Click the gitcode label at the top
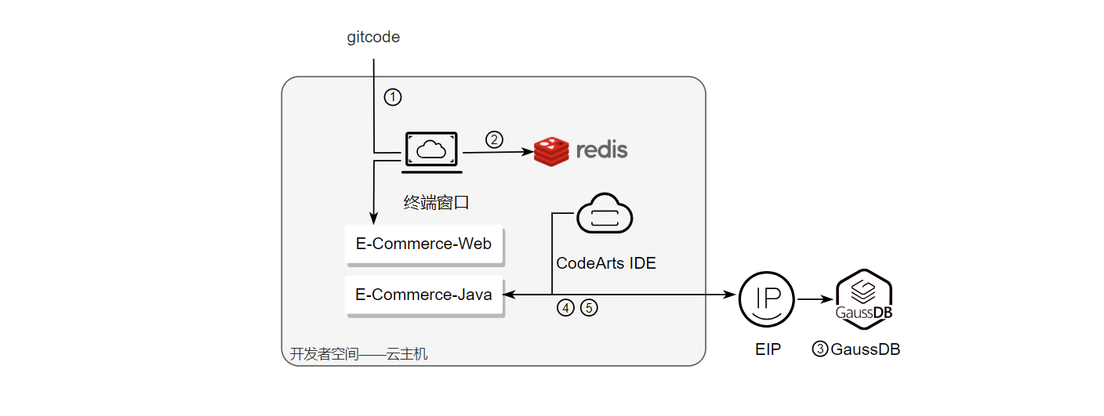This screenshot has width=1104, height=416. point(373,38)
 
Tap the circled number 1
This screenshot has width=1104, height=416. point(393,97)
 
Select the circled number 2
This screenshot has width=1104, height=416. point(494,139)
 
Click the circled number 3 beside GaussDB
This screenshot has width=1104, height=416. point(820,349)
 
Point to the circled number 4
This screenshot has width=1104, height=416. point(565,308)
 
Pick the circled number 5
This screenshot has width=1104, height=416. point(589,308)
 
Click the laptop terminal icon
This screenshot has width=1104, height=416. point(431,152)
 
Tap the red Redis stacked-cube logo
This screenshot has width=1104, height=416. point(551,151)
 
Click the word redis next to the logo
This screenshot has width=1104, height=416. point(601,150)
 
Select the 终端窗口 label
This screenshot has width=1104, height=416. point(436,203)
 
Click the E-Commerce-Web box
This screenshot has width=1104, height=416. point(423,244)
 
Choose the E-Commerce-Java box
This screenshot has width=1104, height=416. point(423,295)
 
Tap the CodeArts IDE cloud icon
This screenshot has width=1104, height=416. point(605,213)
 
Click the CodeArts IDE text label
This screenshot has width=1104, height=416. point(605,263)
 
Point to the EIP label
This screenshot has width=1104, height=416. point(768,349)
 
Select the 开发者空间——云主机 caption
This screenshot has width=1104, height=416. point(359,354)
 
